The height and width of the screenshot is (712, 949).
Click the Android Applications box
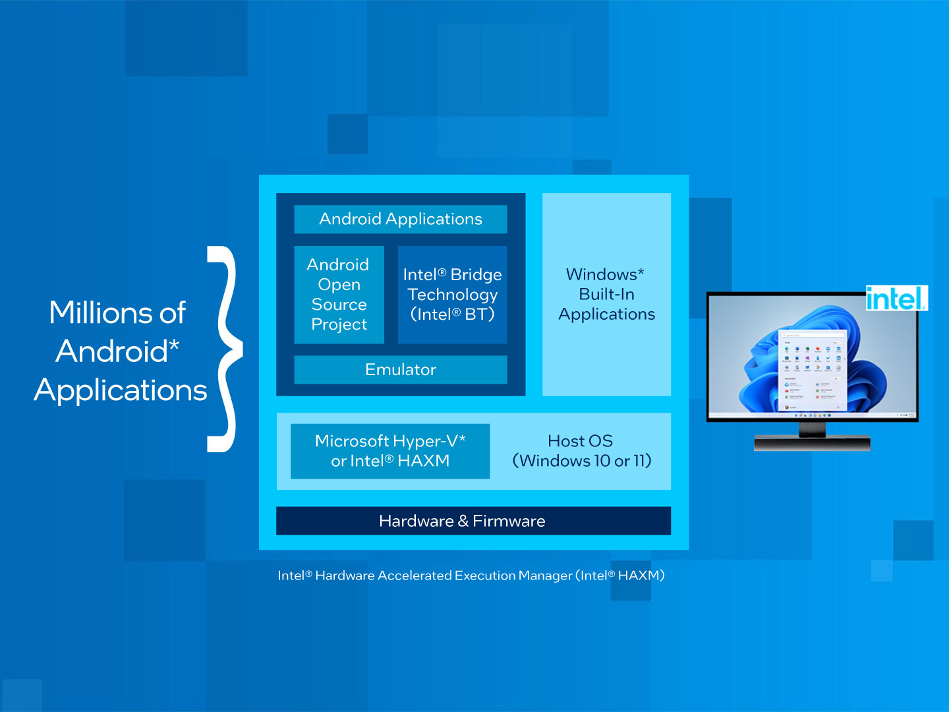click(x=401, y=219)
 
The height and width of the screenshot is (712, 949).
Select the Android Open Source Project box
click(x=339, y=295)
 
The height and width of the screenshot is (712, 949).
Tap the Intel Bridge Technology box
click(x=452, y=295)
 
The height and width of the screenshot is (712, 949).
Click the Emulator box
click(x=401, y=370)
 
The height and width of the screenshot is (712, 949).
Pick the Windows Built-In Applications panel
click(x=606, y=295)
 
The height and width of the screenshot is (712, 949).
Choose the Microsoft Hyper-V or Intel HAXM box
click(x=390, y=451)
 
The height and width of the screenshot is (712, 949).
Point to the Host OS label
click(x=580, y=441)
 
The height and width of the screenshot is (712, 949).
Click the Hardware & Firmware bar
click(x=473, y=521)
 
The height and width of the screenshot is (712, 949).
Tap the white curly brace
click(x=226, y=349)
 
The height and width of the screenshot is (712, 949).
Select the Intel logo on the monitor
click(x=896, y=299)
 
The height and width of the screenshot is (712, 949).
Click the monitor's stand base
click(x=812, y=444)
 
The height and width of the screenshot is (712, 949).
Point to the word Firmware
click(x=509, y=521)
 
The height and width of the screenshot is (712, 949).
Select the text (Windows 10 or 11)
click(x=582, y=461)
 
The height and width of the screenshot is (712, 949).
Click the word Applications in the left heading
click(x=121, y=390)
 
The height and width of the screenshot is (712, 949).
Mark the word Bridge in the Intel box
click(x=476, y=275)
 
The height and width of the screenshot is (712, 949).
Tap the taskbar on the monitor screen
click(x=812, y=415)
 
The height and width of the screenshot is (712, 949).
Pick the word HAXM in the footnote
click(x=638, y=576)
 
